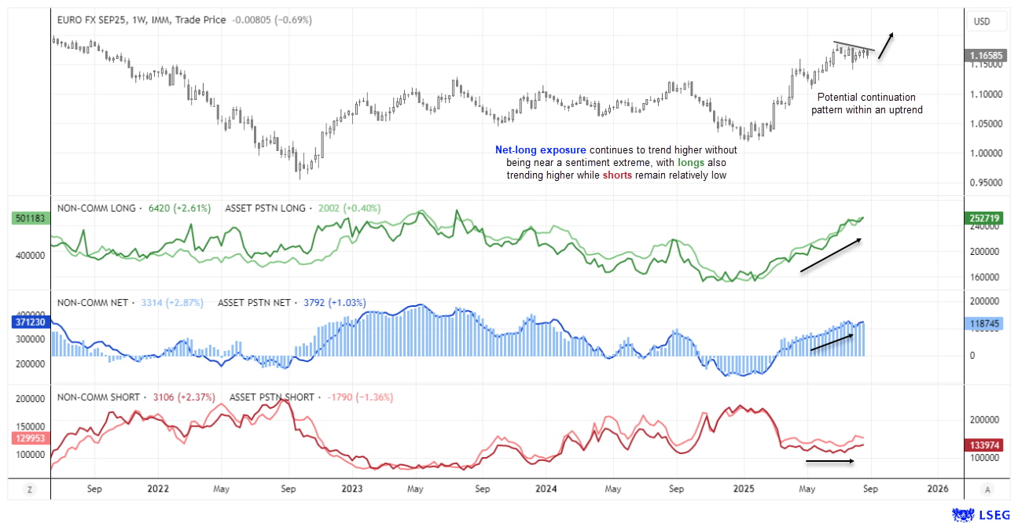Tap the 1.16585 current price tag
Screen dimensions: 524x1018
(986, 56)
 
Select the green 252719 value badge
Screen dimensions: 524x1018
(986, 217)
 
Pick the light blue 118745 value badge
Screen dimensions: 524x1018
(986, 323)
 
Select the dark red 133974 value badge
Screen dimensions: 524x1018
(986, 445)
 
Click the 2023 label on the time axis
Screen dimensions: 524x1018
(351, 488)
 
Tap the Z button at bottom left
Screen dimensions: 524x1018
(29, 489)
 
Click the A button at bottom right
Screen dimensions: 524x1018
(987, 489)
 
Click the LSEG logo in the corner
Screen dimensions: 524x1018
(979, 514)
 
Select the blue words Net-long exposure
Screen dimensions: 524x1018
(540, 149)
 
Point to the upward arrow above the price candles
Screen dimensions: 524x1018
(885, 45)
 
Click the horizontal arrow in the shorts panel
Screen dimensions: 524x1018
(829, 461)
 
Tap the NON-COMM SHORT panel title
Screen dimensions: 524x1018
(98, 397)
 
